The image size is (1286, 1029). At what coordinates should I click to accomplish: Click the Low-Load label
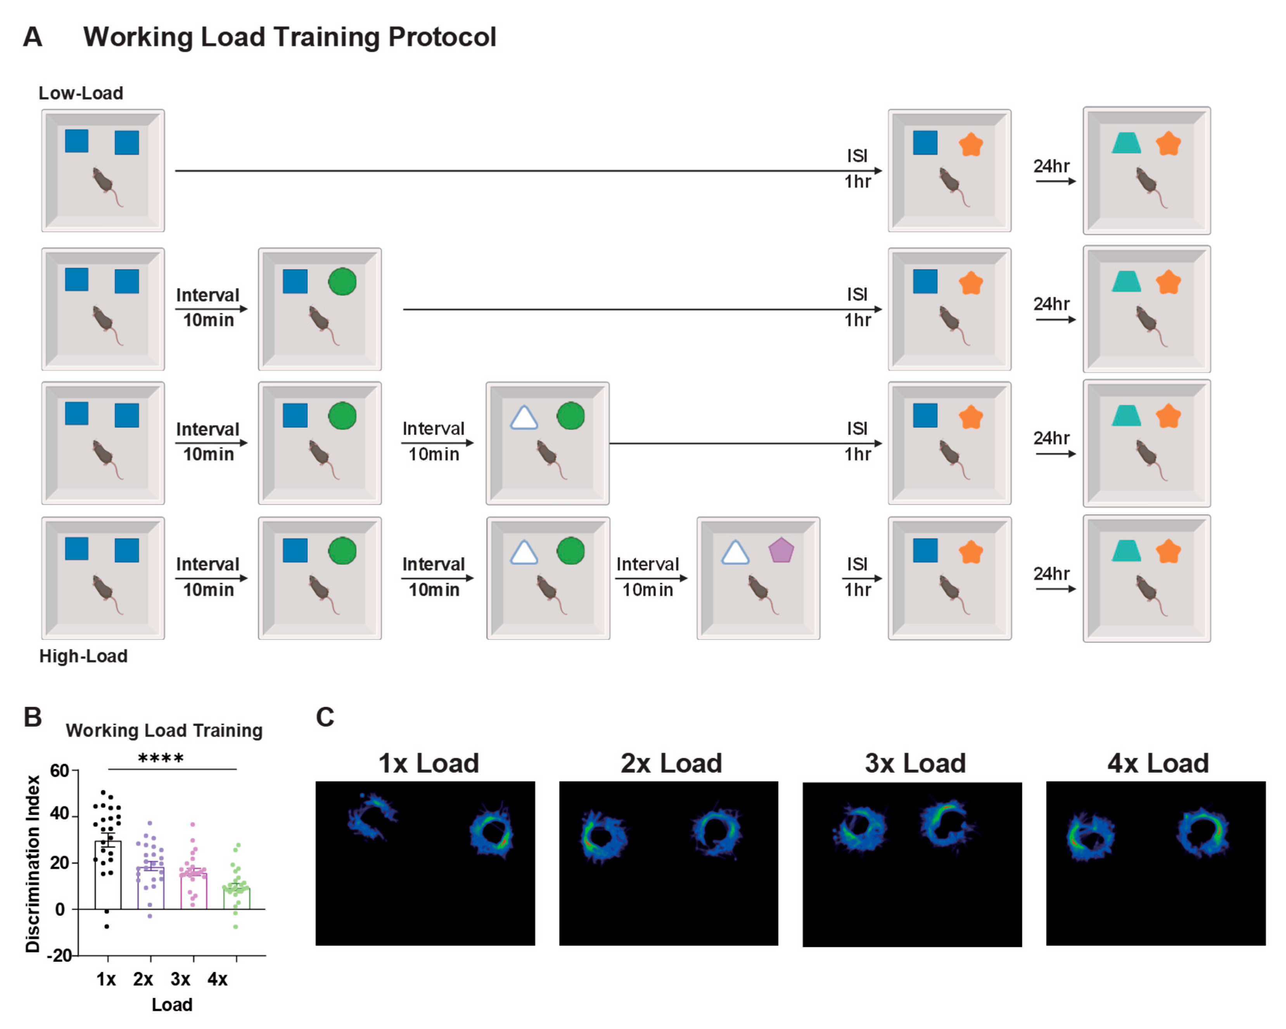pyautogui.click(x=81, y=93)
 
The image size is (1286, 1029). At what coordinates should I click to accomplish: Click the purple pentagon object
pyautogui.click(x=781, y=551)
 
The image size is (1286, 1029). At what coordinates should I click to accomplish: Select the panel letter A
pyautogui.click(x=33, y=37)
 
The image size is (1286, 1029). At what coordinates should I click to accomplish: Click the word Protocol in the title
pyautogui.click(x=442, y=37)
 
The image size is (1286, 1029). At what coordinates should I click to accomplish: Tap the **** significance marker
pyautogui.click(x=161, y=759)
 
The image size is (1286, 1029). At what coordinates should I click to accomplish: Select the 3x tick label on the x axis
pyautogui.click(x=180, y=979)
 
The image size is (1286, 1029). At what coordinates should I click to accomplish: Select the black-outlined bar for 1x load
pyautogui.click(x=108, y=875)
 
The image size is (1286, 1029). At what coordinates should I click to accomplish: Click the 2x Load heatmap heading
pyautogui.click(x=671, y=763)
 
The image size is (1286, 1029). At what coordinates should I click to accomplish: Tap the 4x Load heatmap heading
pyautogui.click(x=1158, y=763)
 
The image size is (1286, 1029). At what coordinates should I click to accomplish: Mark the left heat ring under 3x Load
pyautogui.click(x=859, y=830)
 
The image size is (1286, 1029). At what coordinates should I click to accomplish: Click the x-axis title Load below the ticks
pyautogui.click(x=172, y=1005)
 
